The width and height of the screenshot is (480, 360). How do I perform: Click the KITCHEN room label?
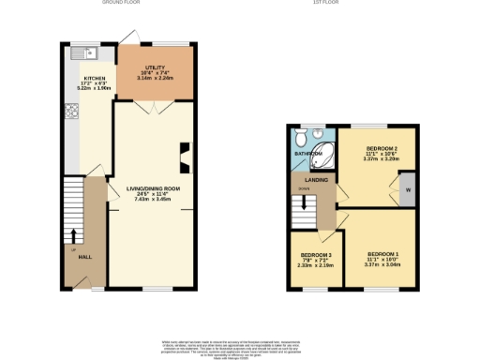(x=95, y=78)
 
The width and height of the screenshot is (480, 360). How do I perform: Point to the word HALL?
(x=84, y=256)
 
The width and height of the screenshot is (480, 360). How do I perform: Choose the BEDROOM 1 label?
(x=382, y=254)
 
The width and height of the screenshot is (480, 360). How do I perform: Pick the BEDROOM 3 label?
(x=317, y=255)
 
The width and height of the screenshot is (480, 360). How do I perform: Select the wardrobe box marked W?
(x=408, y=190)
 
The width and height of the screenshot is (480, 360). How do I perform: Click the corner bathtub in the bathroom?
(x=325, y=154)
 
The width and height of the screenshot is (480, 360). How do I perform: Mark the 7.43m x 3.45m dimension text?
(x=153, y=199)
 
